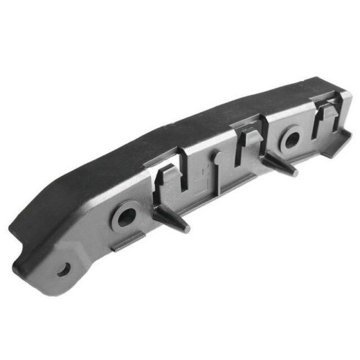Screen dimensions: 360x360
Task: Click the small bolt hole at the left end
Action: point(64,270)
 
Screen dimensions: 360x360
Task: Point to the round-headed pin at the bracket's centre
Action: point(218,157)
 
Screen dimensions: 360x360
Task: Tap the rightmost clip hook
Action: point(327,112)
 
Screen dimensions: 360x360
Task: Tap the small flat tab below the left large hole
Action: point(129,242)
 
